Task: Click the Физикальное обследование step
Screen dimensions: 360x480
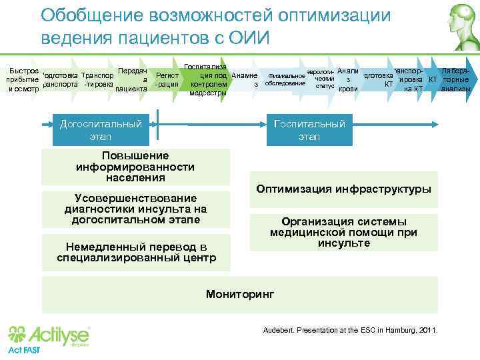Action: tap(285, 79)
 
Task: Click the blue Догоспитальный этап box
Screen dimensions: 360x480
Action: tap(100, 130)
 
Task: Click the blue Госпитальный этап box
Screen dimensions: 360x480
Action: tap(309, 130)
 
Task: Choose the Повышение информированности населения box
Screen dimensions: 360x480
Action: tap(135, 167)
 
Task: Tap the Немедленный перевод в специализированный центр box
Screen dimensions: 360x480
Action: tap(135, 251)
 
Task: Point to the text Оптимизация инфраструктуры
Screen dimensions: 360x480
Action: tap(343, 189)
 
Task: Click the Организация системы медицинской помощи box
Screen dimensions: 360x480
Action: tap(343, 232)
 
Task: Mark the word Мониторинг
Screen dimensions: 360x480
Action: tap(239, 293)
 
